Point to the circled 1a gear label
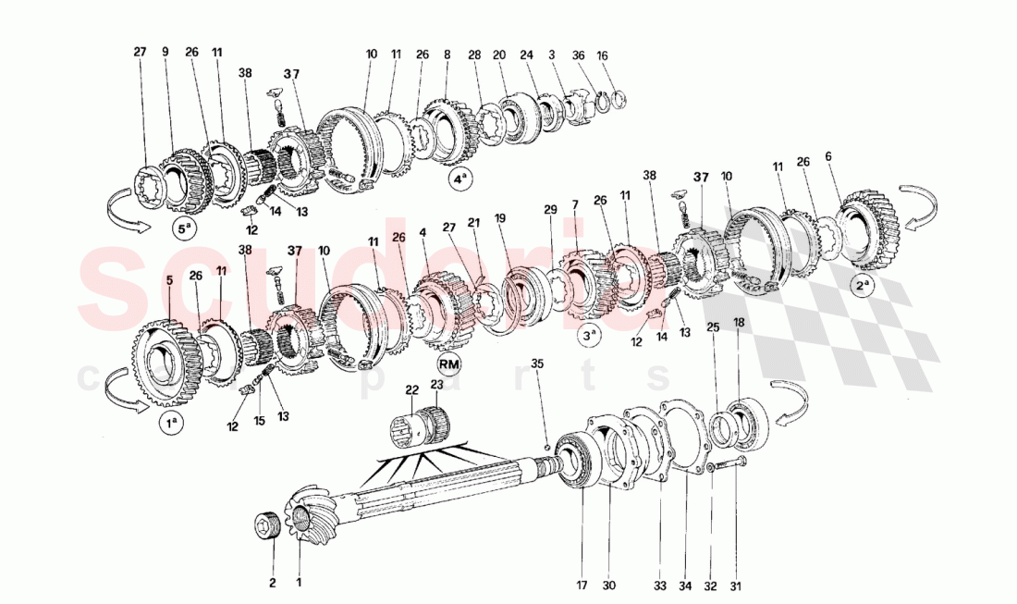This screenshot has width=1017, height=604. tap(170, 425)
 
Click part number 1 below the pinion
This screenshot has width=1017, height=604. tap(299, 583)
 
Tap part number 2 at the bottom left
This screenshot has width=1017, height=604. tap(273, 583)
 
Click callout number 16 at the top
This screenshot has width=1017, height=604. tap(603, 55)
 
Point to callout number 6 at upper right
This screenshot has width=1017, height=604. tap(828, 157)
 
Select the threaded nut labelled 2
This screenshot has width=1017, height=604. tap(269, 530)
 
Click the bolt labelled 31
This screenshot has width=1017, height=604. tap(730, 468)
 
